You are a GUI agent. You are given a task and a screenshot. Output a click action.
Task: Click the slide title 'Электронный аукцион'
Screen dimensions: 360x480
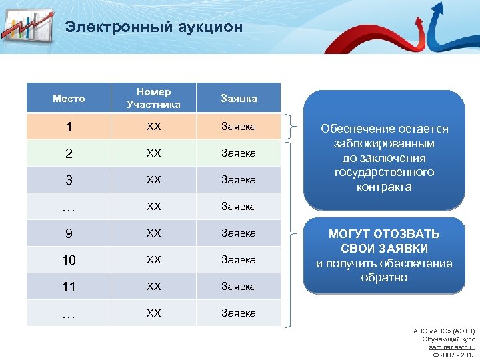[x=153, y=27]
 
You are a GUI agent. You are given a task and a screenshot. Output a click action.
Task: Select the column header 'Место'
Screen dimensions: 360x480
[x=69, y=98]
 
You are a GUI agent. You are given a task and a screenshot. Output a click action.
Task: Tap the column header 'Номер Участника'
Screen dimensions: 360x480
[x=153, y=98]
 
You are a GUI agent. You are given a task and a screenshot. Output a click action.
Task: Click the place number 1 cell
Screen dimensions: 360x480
[x=69, y=127]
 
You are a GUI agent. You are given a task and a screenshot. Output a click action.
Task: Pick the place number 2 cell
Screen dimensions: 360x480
[x=69, y=153]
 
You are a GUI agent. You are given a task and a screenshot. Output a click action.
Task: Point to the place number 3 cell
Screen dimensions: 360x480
[x=69, y=180]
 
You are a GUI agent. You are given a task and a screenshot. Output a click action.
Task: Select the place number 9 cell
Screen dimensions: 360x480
[x=69, y=233]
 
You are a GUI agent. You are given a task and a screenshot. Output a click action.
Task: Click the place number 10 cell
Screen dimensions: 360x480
[x=69, y=260]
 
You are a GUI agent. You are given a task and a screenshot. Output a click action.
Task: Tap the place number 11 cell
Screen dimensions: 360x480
[x=69, y=287]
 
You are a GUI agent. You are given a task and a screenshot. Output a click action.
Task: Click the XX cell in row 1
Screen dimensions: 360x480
[x=153, y=126]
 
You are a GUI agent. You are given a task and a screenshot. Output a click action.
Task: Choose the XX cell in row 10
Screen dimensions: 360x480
[x=153, y=259]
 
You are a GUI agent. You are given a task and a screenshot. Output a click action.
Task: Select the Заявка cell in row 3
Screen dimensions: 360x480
[x=238, y=179]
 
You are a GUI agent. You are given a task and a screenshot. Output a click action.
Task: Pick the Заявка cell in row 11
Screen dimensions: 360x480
[x=238, y=286]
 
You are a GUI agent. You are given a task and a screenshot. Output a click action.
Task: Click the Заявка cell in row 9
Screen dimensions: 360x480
[x=238, y=233]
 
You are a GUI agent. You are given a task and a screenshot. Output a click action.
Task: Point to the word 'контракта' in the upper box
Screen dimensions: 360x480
[x=384, y=187]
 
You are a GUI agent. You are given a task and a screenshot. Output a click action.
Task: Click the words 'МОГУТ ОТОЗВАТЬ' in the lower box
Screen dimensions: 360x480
[x=384, y=234]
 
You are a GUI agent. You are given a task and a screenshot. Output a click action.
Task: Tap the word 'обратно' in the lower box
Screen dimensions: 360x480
[x=384, y=277]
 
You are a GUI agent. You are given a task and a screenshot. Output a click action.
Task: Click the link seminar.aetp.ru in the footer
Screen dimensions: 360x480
[x=451, y=347]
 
